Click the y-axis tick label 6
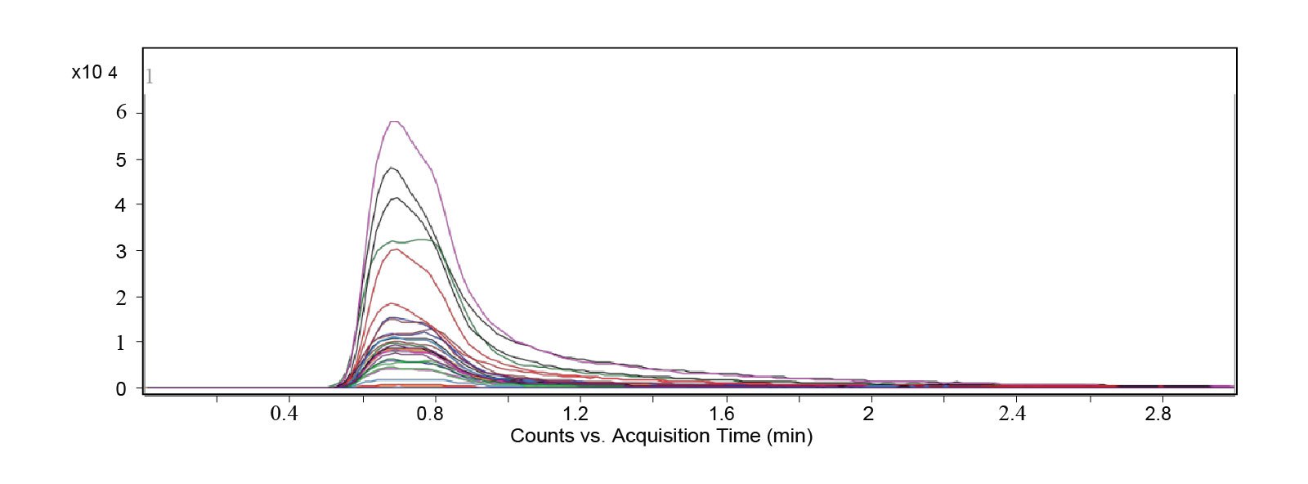(121, 113)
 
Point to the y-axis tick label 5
(121, 159)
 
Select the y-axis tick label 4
(121, 205)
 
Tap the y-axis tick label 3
(121, 251)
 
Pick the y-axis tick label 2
(121, 298)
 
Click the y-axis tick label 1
(121, 343)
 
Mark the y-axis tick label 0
(121, 389)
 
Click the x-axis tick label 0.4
(284, 414)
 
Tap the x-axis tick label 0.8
(430, 414)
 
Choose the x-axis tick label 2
(868, 414)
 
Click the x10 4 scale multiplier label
(94, 73)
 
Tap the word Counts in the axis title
(541, 436)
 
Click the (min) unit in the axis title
(789, 436)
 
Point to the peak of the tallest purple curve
(395, 122)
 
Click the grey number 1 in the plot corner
(150, 78)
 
